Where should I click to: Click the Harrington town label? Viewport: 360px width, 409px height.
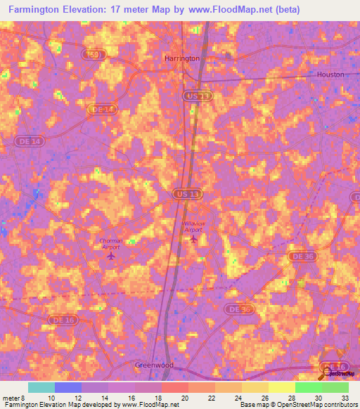(181, 58)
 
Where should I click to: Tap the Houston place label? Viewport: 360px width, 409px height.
(330, 74)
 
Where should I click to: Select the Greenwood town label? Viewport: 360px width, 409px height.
(155, 366)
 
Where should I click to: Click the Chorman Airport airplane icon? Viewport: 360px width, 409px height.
(110, 255)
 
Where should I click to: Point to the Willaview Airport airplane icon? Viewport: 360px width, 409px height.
(193, 239)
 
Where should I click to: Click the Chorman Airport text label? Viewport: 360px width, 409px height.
(110, 243)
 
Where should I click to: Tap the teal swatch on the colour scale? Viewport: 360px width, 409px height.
(41, 387)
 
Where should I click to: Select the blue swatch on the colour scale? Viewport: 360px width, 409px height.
(68, 387)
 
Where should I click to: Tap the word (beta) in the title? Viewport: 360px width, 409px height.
(288, 10)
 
